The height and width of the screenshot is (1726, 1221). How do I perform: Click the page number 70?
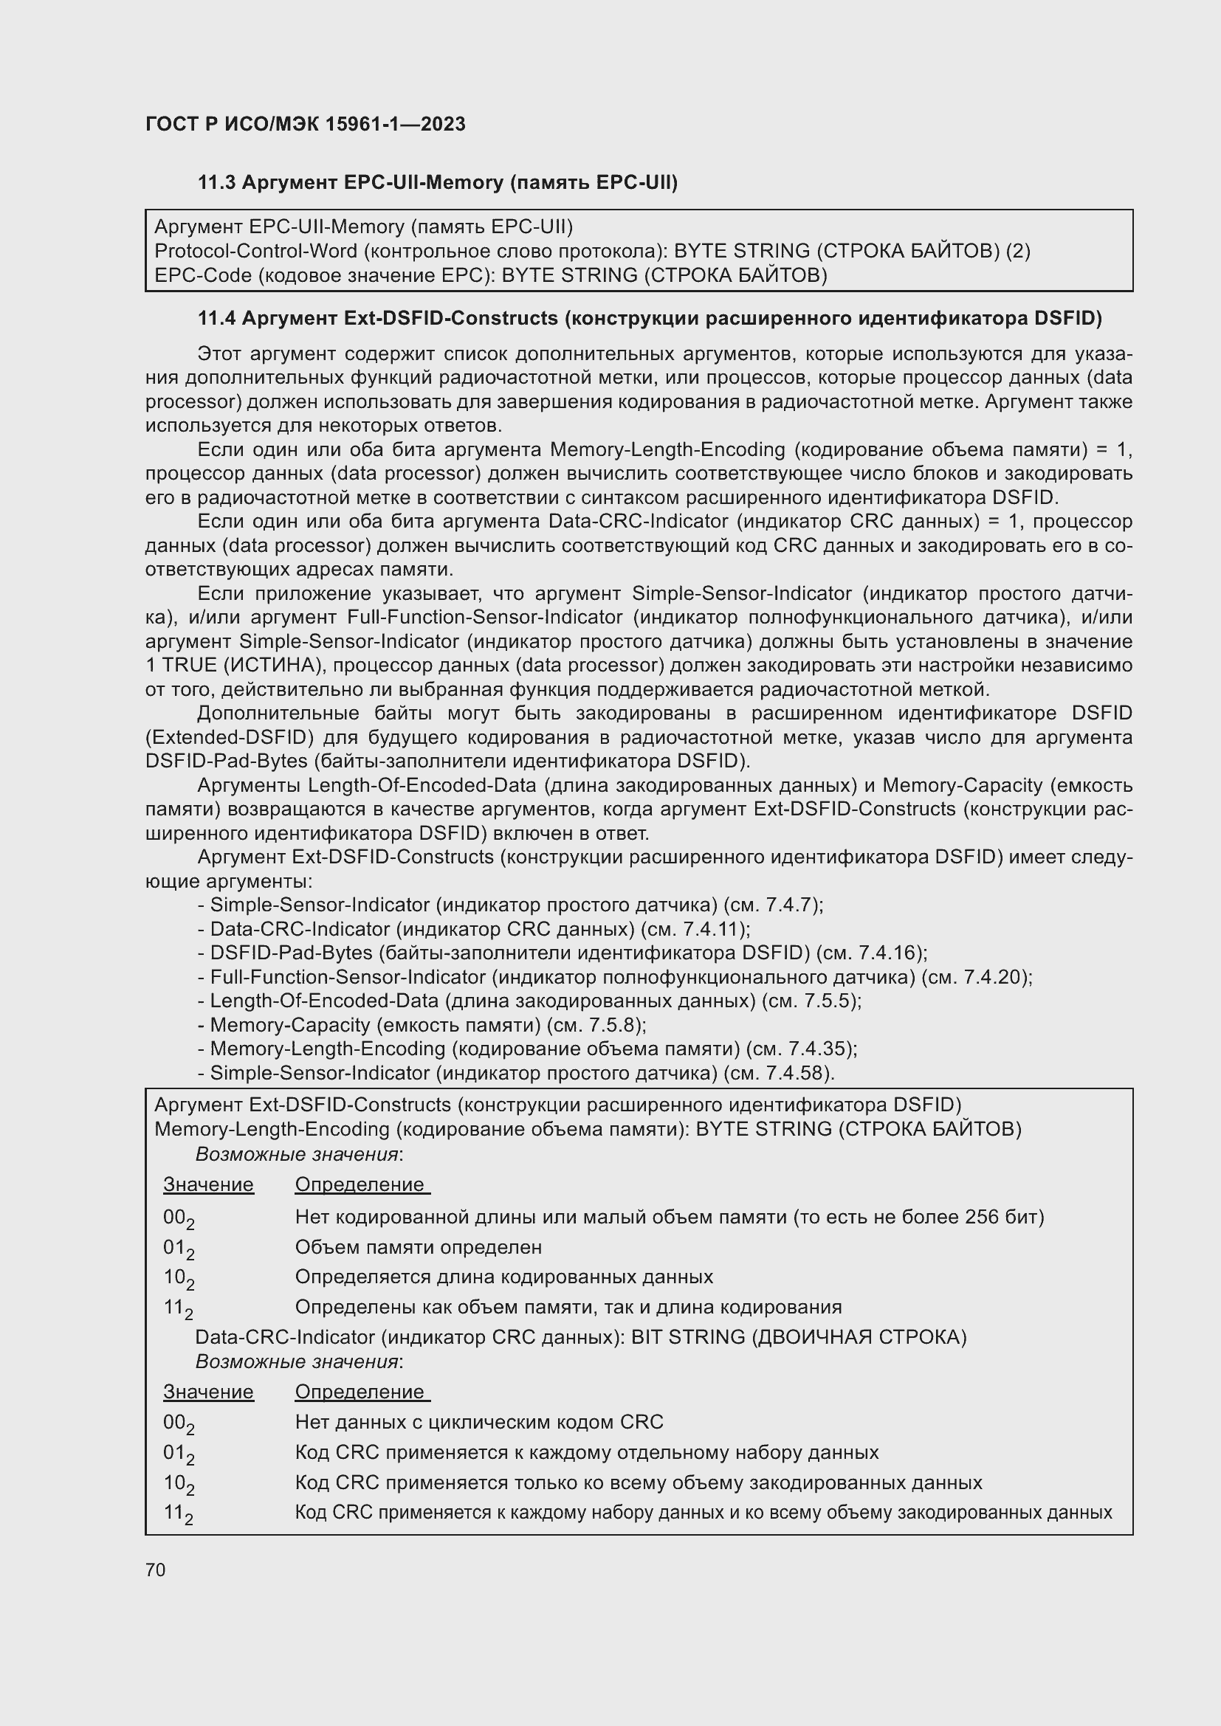tap(155, 1570)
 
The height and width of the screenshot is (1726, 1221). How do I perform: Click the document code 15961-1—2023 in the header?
tap(395, 124)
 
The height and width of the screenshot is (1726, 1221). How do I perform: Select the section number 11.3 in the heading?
tap(216, 183)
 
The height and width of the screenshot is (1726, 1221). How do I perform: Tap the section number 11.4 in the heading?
tap(216, 319)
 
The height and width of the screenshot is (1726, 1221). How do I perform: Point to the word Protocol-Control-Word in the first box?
tap(255, 251)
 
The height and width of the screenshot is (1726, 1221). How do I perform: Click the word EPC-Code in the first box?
tap(202, 276)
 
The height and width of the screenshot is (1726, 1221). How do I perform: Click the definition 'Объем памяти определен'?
tap(418, 1247)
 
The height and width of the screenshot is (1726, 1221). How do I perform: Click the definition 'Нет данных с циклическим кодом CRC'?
tap(479, 1422)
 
